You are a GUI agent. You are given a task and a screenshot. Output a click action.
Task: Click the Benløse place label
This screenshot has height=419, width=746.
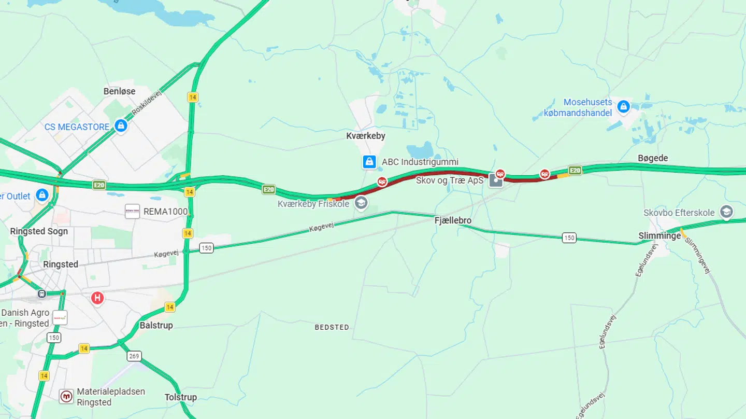point(119,91)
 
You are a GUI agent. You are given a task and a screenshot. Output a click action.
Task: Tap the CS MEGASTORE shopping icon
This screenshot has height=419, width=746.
point(121,126)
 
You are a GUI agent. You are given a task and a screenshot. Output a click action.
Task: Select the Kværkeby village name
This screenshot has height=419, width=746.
point(366,136)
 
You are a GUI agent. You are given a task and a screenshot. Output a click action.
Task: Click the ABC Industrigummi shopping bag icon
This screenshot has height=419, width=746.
point(369,162)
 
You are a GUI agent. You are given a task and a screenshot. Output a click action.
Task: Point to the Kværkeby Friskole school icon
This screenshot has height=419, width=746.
point(361,203)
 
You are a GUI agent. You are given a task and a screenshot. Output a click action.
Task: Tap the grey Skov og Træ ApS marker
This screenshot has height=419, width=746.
point(496,180)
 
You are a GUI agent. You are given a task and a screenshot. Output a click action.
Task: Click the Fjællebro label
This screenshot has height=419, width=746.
point(453,221)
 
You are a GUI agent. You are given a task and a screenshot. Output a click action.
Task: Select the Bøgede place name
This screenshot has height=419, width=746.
point(653,158)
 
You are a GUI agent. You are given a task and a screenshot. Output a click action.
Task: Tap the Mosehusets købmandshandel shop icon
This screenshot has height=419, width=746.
point(623,107)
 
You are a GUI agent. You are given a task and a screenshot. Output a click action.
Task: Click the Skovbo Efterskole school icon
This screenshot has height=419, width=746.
point(727,212)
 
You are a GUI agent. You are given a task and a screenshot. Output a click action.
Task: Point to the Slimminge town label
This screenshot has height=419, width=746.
point(659,236)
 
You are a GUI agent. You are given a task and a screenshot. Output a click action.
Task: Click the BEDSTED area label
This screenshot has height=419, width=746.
point(332,327)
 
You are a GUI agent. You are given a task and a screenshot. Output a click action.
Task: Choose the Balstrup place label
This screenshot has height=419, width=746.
point(156,326)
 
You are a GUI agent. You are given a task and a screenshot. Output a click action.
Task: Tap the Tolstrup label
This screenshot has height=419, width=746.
point(181,397)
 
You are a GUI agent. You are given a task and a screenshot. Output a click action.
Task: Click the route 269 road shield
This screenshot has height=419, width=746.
point(134,356)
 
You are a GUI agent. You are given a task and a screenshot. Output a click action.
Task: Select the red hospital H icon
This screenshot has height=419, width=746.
point(97,298)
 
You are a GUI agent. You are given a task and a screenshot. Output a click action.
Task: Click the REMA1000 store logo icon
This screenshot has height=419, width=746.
point(132,211)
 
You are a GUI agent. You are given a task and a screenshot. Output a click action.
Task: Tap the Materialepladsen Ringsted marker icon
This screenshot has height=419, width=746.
point(66,397)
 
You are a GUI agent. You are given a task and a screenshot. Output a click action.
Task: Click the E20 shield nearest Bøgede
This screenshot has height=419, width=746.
point(575,170)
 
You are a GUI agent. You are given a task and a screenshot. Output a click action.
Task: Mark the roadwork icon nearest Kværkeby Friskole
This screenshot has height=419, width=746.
point(382,181)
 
